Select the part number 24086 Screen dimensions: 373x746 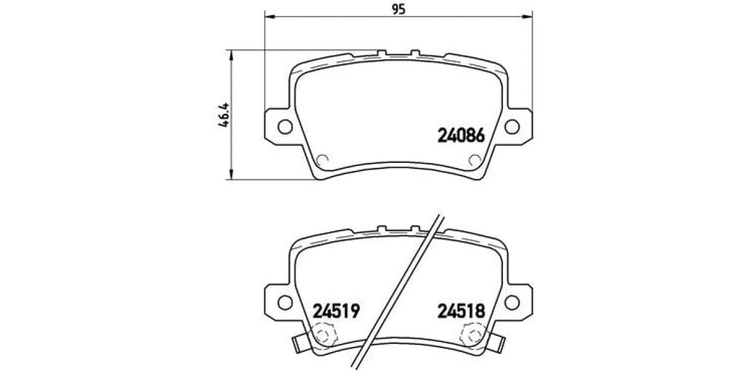tap(461, 135)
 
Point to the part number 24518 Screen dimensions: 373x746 tap(461, 310)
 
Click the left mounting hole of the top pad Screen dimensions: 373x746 tap(284, 126)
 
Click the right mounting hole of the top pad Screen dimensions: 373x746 tap(512, 126)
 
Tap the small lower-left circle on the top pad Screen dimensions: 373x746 tap(323, 160)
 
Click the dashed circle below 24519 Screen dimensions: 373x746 tap(323, 336)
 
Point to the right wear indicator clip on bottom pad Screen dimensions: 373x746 tap(497, 342)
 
